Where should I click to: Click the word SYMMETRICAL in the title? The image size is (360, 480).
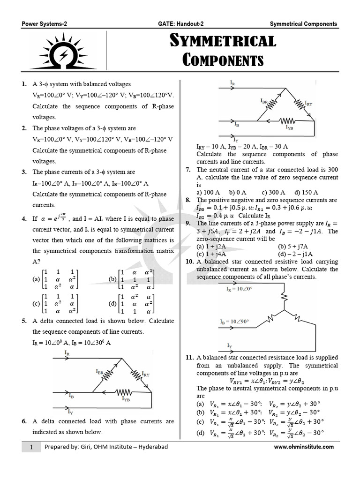(223, 41)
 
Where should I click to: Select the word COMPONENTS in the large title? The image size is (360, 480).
(223, 60)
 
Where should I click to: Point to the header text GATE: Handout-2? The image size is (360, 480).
(180, 24)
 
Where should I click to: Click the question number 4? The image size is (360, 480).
(24, 218)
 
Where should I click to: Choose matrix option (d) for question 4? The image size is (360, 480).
(131, 304)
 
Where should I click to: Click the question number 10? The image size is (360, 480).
(190, 262)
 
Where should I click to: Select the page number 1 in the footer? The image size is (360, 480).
(31, 447)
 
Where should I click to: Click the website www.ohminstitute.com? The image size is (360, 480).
(304, 447)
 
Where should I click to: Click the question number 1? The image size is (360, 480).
(24, 84)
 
